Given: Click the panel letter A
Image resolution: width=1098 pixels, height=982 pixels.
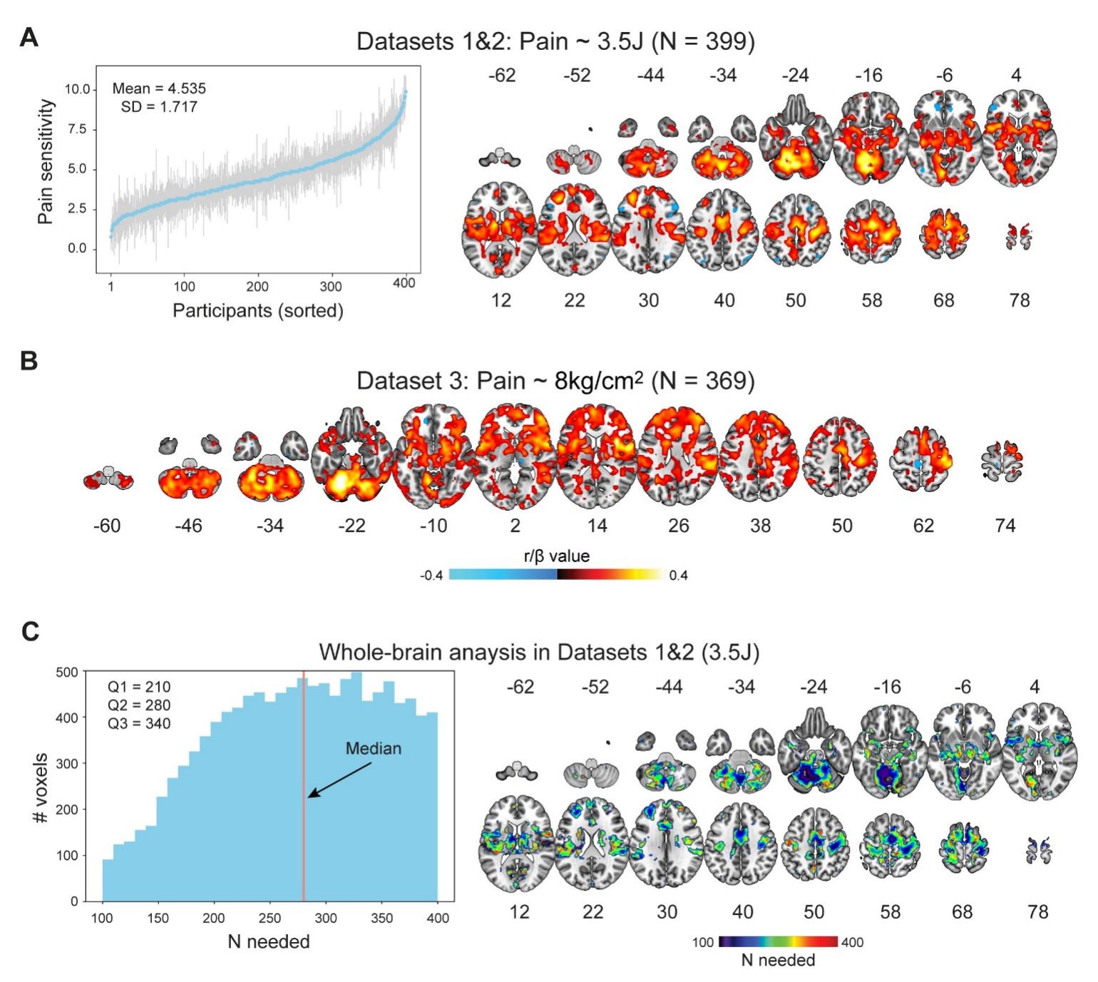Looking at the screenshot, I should [x=29, y=37].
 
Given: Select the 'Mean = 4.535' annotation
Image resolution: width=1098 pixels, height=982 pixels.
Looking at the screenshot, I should [x=159, y=88].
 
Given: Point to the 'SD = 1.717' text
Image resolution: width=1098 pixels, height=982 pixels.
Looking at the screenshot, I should [x=159, y=107].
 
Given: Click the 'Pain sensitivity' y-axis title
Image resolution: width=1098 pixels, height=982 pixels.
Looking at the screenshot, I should [x=46, y=161].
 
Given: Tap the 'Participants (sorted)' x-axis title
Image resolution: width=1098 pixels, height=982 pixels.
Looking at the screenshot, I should [x=258, y=311].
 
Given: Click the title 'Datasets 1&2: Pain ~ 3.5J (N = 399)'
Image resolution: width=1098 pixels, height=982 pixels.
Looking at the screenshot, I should [x=555, y=41].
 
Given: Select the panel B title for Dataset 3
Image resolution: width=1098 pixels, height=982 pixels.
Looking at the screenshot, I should [x=555, y=380].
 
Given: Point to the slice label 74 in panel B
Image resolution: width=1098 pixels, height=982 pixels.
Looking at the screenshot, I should [x=1005, y=526].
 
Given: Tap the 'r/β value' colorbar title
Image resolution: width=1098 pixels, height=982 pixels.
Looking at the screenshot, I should [x=557, y=556].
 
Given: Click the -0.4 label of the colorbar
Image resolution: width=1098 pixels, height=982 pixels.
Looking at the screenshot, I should [x=431, y=576].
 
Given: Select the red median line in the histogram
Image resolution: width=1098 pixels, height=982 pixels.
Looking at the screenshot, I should [x=304, y=820].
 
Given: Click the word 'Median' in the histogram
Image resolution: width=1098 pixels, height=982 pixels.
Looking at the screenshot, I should [x=373, y=749].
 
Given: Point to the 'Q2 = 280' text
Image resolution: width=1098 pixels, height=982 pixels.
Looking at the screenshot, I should [x=139, y=705].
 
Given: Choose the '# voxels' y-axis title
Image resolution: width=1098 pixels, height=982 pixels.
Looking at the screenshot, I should [x=41, y=787].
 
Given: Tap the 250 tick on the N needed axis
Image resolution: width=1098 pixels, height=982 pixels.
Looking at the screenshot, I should [x=270, y=918].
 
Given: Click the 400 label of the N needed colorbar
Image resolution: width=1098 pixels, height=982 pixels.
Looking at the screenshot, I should [x=852, y=942].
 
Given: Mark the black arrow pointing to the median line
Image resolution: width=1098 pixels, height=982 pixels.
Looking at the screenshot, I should [x=339, y=780].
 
